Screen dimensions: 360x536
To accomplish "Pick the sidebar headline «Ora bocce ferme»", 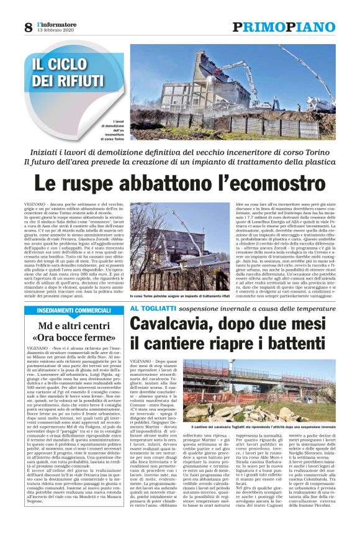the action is (74, 338).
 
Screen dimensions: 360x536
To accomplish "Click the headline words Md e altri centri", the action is (74, 325).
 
